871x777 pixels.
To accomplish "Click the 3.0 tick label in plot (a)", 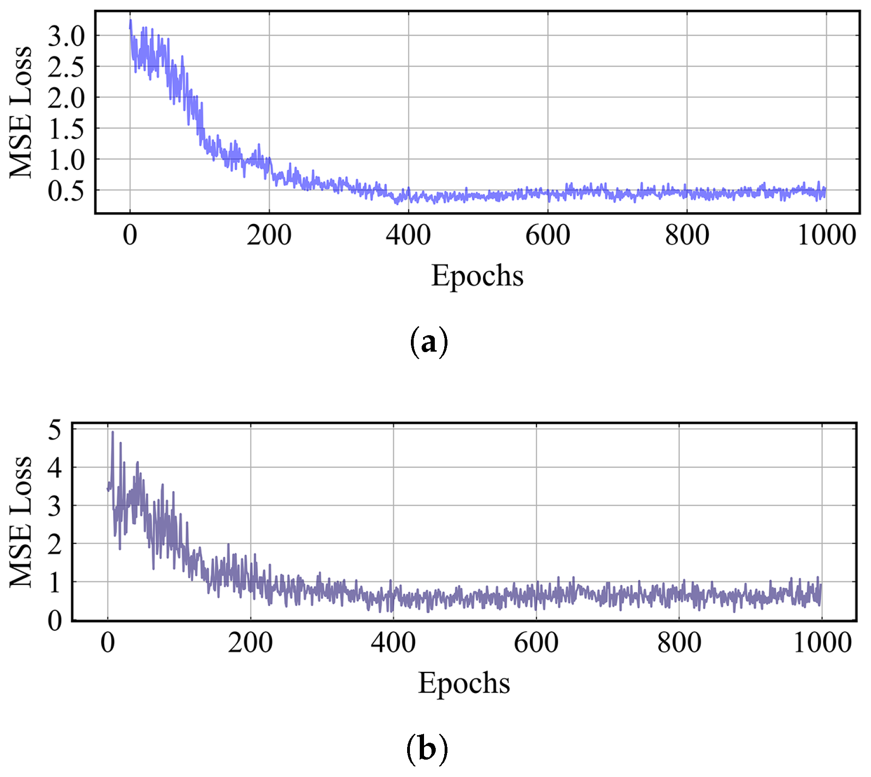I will pyautogui.click(x=66, y=36).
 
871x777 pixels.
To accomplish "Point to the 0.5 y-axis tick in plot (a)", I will pyautogui.click(x=66, y=191).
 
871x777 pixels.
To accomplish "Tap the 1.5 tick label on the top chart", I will pyautogui.click(x=66, y=129).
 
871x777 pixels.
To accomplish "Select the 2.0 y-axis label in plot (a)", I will pyautogui.click(x=66, y=98).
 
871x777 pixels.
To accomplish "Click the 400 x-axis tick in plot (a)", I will pyautogui.click(x=408, y=235).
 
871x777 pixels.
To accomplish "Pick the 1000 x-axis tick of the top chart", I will pyautogui.click(x=826, y=235).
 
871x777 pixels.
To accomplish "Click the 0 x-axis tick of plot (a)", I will pyautogui.click(x=130, y=235).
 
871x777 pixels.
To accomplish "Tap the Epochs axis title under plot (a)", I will pyautogui.click(x=477, y=276).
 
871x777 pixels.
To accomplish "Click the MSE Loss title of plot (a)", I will pyautogui.click(x=21, y=113).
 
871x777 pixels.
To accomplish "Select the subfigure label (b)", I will pyautogui.click(x=427, y=748).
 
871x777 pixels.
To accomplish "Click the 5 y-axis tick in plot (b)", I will pyautogui.click(x=55, y=430).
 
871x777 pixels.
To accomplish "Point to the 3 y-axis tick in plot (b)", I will pyautogui.click(x=55, y=507).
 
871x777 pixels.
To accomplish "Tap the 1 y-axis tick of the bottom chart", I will pyautogui.click(x=55, y=583).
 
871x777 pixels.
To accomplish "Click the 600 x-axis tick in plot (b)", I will pyautogui.click(x=536, y=643).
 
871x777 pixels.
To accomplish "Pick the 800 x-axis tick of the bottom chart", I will pyautogui.click(x=679, y=643).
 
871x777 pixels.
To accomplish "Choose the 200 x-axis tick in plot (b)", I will pyautogui.click(x=250, y=643).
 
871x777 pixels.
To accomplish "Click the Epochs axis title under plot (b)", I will pyautogui.click(x=464, y=683).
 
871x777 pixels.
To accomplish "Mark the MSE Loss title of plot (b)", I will pyautogui.click(x=21, y=522).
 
